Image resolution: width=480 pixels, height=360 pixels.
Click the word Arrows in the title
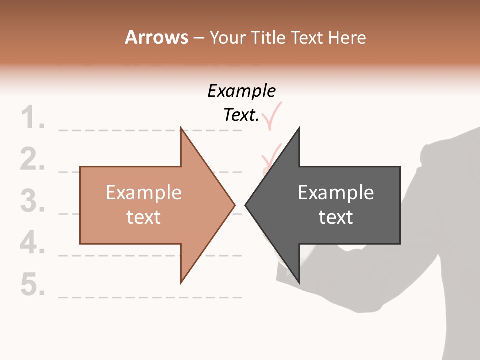(x=156, y=37)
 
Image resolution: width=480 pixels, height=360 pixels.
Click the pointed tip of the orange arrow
(x=234, y=204)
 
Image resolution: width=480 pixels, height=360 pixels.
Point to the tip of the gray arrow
(x=246, y=204)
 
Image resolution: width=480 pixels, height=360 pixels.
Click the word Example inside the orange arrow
(x=144, y=193)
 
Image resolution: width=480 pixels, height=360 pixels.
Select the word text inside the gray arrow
(x=336, y=217)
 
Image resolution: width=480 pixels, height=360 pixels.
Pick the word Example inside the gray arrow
(x=336, y=193)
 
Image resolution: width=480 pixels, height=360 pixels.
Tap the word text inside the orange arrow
(x=144, y=217)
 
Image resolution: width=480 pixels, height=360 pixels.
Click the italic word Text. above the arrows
(x=241, y=115)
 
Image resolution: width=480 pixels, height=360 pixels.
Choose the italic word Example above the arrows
(x=242, y=91)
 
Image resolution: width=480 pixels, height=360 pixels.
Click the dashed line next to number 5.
(x=150, y=297)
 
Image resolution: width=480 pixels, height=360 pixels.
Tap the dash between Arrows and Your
(x=198, y=38)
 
